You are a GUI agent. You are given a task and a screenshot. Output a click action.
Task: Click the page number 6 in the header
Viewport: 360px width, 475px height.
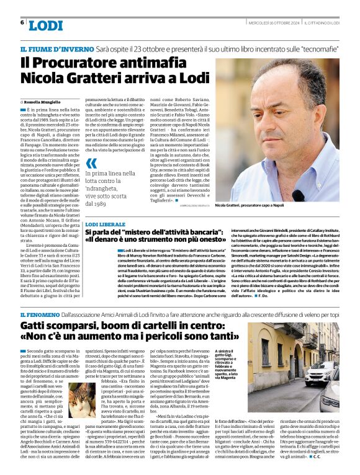(x=22, y=22)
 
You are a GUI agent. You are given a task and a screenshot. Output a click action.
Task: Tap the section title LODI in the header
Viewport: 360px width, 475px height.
(x=45, y=25)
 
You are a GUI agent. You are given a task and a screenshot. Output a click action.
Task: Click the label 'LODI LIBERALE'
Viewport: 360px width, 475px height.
(x=106, y=223)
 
